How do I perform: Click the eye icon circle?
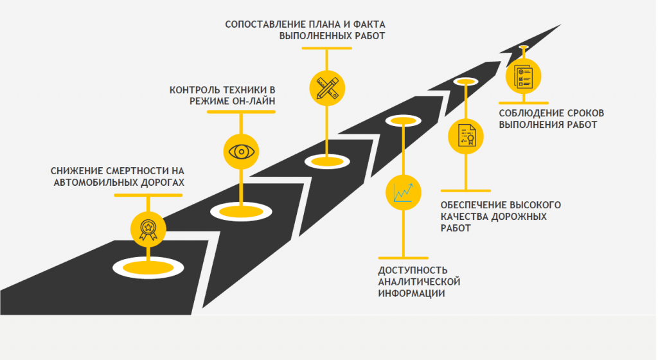240,152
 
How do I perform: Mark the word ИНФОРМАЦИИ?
412,293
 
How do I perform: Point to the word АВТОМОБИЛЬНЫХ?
94,183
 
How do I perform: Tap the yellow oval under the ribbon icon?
148,265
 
